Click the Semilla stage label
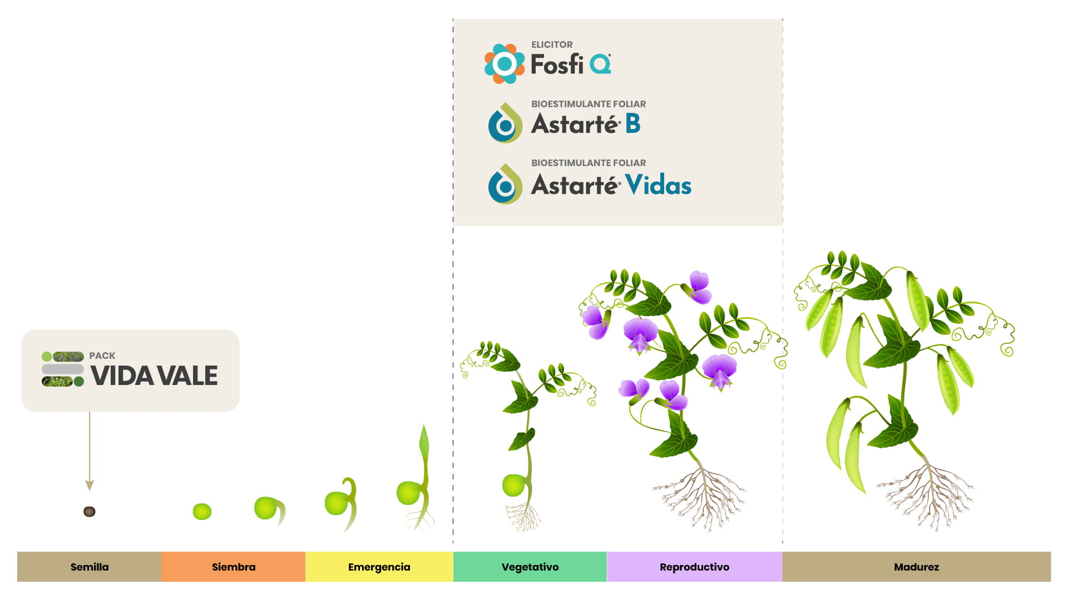click(x=90, y=567)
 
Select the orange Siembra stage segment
click(x=234, y=567)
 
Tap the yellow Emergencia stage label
click(x=379, y=567)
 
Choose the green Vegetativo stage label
click(x=530, y=567)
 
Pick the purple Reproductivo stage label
click(x=695, y=567)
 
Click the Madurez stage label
click(x=917, y=567)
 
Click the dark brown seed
click(x=90, y=512)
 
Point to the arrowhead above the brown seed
click(x=90, y=486)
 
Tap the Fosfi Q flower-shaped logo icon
click(x=505, y=64)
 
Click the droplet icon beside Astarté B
click(x=505, y=123)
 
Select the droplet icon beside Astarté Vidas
click(x=505, y=184)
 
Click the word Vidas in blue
click(x=658, y=184)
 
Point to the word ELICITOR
click(x=552, y=44)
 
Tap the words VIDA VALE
click(x=154, y=376)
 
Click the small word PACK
click(x=102, y=356)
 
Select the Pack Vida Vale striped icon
click(x=63, y=369)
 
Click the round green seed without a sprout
click(x=202, y=512)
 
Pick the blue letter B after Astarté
click(x=633, y=123)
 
